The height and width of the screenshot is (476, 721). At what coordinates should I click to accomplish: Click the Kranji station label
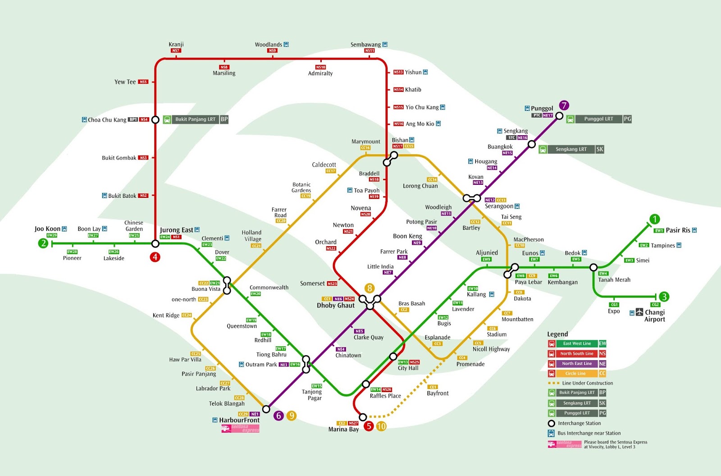(176, 44)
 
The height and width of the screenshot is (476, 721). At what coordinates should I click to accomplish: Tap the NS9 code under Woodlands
(272, 50)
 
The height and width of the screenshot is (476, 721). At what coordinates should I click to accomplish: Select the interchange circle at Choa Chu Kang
(155, 120)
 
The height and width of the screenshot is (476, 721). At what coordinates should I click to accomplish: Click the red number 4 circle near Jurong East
(155, 257)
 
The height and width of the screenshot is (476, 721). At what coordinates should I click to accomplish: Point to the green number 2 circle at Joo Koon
(43, 243)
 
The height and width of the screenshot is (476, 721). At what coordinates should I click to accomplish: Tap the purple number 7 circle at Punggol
(564, 105)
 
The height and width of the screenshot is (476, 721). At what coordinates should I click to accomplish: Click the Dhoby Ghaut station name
(336, 306)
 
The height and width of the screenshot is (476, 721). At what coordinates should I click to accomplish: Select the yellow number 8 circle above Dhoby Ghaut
(370, 288)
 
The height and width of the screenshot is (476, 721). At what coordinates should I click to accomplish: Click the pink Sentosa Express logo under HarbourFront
(240, 428)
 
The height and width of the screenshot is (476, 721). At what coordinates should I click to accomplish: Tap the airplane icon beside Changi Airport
(639, 312)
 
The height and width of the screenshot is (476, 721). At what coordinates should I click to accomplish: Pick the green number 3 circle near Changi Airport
(664, 297)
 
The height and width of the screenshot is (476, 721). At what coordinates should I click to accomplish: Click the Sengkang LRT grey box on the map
(571, 149)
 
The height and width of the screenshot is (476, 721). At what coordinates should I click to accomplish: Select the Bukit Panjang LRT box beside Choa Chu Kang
(195, 119)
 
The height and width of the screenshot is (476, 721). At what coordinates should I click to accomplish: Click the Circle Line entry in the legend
(576, 373)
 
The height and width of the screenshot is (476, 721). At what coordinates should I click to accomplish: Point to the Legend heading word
(557, 334)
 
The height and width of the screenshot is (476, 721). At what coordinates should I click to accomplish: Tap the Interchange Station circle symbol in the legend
(551, 423)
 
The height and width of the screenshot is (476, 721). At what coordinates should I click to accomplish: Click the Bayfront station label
(438, 393)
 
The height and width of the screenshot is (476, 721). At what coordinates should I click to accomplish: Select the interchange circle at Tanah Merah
(593, 267)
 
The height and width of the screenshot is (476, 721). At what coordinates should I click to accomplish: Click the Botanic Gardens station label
(301, 188)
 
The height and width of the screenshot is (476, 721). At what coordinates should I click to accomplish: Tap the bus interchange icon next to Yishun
(425, 72)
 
